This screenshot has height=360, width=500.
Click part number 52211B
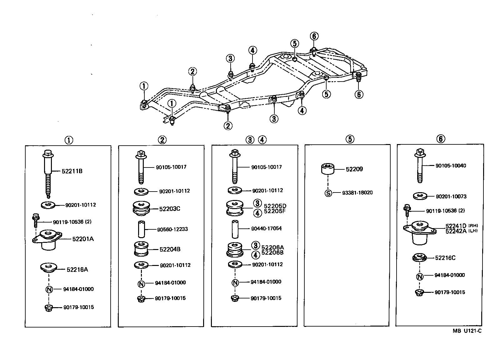click(x=72, y=171)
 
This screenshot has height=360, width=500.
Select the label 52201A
click(x=83, y=239)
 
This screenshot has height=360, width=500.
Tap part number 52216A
click(x=77, y=269)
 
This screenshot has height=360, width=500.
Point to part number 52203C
click(x=170, y=209)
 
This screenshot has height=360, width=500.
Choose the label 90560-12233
click(x=172, y=229)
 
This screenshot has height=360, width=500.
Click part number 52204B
click(x=170, y=249)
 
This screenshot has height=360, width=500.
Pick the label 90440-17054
click(x=266, y=228)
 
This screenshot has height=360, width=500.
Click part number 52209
click(x=354, y=169)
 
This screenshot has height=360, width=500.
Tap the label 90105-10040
click(x=451, y=165)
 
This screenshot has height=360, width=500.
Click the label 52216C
click(x=445, y=258)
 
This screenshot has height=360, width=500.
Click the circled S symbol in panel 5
click(x=328, y=193)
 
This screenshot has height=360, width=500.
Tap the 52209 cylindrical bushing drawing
click(x=328, y=169)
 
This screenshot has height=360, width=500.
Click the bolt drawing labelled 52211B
click(x=47, y=173)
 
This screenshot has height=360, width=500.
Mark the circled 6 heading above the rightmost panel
click(x=441, y=139)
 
